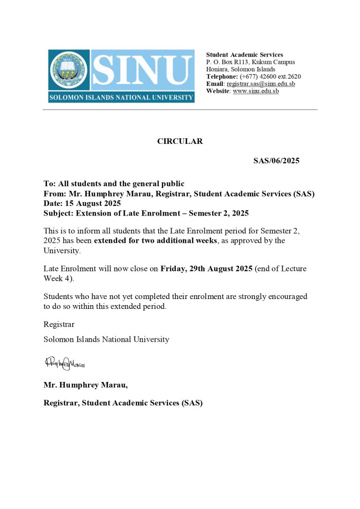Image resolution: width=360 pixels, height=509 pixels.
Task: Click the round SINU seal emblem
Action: pos(69,70)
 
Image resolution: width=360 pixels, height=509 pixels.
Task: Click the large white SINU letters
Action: pos(142,71)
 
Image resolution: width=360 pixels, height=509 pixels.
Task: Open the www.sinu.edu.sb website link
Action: pos(255,91)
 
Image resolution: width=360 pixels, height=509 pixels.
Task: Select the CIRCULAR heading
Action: pos(180,141)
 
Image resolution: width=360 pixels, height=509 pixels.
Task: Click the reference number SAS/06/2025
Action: pos(276,161)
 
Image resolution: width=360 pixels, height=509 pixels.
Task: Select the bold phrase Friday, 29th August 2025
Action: pos(206,269)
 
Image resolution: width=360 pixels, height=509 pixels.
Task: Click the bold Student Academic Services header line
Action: pos(244,55)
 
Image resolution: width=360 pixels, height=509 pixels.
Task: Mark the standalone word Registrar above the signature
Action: pos(59,324)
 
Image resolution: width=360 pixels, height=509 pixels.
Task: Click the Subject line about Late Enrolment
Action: pos(146,213)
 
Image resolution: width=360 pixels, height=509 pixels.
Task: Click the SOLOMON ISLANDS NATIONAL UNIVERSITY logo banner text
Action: pos(121,97)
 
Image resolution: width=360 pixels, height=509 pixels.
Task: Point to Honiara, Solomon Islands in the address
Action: pos(240,69)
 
